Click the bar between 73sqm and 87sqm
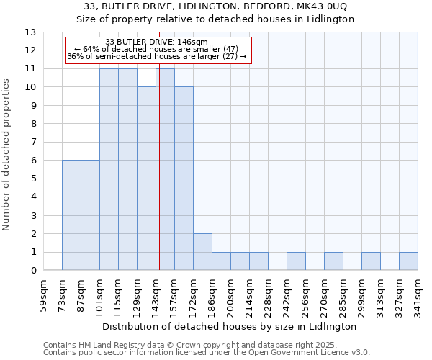71,215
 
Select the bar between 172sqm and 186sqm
202,252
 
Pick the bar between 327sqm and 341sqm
408,261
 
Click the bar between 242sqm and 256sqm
296,261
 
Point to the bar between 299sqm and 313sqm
371,261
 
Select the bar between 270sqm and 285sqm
333,261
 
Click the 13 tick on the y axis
30,32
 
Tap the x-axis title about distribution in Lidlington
230,326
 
